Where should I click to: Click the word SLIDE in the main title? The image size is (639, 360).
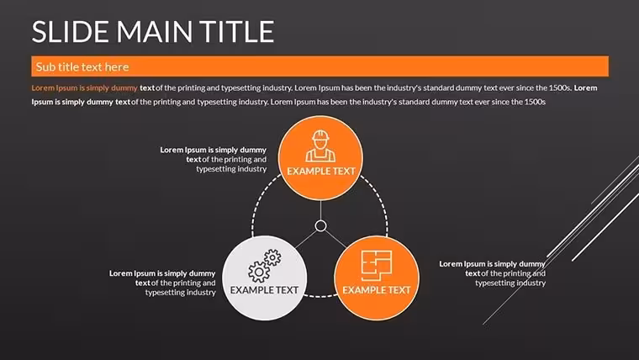click(x=71, y=32)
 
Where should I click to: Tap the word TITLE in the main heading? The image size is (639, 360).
click(x=236, y=32)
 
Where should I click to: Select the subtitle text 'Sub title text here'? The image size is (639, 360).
click(x=82, y=66)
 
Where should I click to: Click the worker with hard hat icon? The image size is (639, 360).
click(x=320, y=146)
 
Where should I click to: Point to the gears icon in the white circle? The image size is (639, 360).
click(x=265, y=266)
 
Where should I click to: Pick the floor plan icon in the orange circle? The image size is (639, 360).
click(x=377, y=266)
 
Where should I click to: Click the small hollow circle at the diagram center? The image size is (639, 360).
click(x=320, y=226)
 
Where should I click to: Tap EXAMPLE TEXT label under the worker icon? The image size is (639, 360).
click(x=321, y=172)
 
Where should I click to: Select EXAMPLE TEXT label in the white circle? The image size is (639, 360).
click(x=265, y=290)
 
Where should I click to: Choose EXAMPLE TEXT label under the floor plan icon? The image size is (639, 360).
click(x=377, y=290)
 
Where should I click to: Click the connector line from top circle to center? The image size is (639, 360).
click(x=320, y=210)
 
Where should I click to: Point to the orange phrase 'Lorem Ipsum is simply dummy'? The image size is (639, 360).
click(x=84, y=88)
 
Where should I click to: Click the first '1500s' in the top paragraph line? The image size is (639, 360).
click(x=560, y=87)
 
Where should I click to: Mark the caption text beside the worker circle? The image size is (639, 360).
click(x=213, y=160)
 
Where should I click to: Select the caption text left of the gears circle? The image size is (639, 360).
click(x=162, y=283)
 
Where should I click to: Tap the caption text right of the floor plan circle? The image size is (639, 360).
click(x=493, y=273)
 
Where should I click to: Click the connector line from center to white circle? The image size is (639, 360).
click(x=306, y=239)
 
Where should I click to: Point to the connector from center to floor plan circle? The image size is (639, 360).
click(x=335, y=239)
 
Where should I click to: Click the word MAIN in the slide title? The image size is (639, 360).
click(x=155, y=32)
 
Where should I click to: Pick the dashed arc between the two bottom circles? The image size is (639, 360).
click(x=320, y=296)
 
